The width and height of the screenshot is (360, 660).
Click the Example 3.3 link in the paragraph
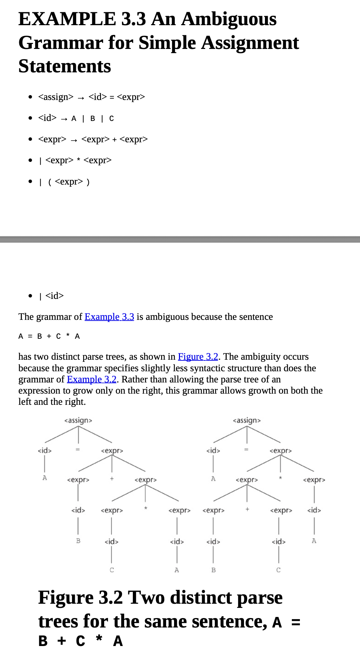click(x=109, y=317)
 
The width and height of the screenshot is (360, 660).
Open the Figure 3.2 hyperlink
click(x=198, y=357)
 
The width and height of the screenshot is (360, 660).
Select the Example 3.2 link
click(x=92, y=379)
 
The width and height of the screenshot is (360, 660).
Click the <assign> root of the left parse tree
click(x=78, y=420)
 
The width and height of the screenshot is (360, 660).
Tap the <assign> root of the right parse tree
click(x=247, y=420)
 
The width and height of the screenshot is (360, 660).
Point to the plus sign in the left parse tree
click(x=112, y=479)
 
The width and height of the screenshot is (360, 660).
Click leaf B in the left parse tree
click(x=78, y=541)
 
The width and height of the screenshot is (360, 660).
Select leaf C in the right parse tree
click(x=278, y=570)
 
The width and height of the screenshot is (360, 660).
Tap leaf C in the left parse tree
click(x=112, y=570)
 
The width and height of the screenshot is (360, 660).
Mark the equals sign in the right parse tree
click(x=246, y=450)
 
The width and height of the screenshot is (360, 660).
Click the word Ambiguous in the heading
click(x=229, y=19)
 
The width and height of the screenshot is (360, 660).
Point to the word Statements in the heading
click(x=65, y=66)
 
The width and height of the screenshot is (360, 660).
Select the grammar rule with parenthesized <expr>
click(x=69, y=182)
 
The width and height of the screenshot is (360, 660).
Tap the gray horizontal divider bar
click(x=180, y=239)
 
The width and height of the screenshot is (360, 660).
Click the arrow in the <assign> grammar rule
click(x=81, y=98)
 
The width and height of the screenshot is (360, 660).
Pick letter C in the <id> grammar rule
click(x=111, y=119)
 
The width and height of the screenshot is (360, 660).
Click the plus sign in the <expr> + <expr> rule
click(x=114, y=139)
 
